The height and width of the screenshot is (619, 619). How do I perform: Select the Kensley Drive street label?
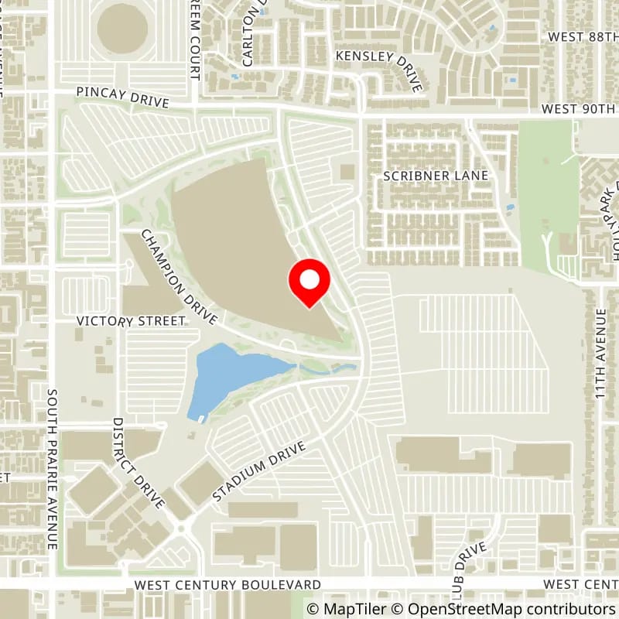tap(379, 70)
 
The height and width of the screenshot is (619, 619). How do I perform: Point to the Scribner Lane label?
tap(436, 176)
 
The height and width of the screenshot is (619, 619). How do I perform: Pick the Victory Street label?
tap(130, 320)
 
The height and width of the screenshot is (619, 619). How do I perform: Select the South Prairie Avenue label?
tap(53, 468)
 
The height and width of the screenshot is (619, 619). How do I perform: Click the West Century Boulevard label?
tap(227, 583)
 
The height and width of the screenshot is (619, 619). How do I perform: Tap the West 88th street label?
tap(582, 36)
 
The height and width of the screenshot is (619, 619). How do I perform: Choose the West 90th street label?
tap(580, 109)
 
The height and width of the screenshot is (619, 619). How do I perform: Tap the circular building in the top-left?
tap(122, 29)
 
